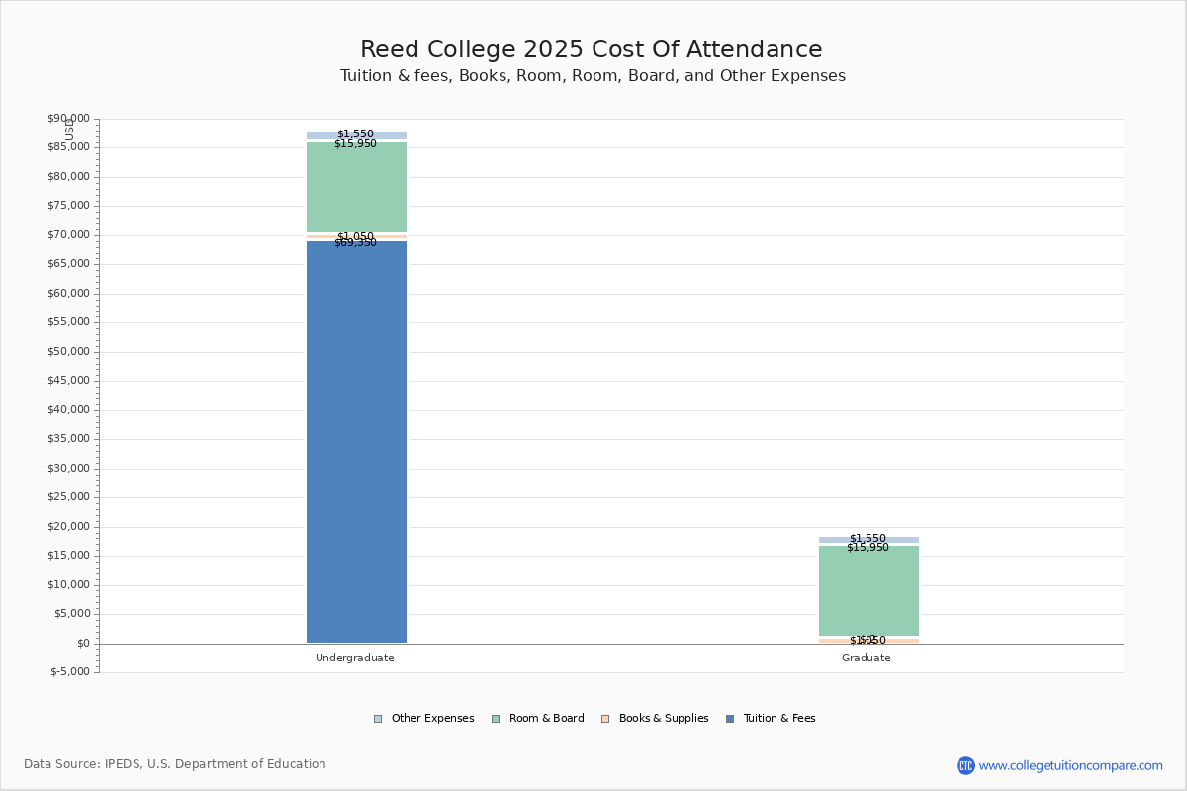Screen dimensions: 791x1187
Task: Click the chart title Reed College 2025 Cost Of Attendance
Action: point(591,49)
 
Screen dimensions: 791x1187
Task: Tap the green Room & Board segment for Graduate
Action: point(868,593)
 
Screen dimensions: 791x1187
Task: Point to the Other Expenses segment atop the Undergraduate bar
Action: point(356,135)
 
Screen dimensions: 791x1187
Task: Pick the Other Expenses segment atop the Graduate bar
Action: point(868,540)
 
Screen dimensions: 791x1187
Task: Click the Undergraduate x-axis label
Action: point(355,659)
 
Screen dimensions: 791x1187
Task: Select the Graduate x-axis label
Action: point(867,659)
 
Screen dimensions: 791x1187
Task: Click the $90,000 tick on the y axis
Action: point(68,119)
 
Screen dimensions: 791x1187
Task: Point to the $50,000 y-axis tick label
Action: point(68,352)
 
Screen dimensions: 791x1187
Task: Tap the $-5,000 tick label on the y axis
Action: point(70,672)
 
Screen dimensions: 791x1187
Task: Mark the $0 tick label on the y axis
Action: point(82,644)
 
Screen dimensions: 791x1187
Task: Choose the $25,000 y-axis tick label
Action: point(68,497)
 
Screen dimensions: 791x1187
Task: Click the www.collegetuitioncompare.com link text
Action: point(1070,765)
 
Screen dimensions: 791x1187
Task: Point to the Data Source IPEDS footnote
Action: point(175,764)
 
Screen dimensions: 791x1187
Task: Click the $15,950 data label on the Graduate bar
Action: point(867,548)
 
